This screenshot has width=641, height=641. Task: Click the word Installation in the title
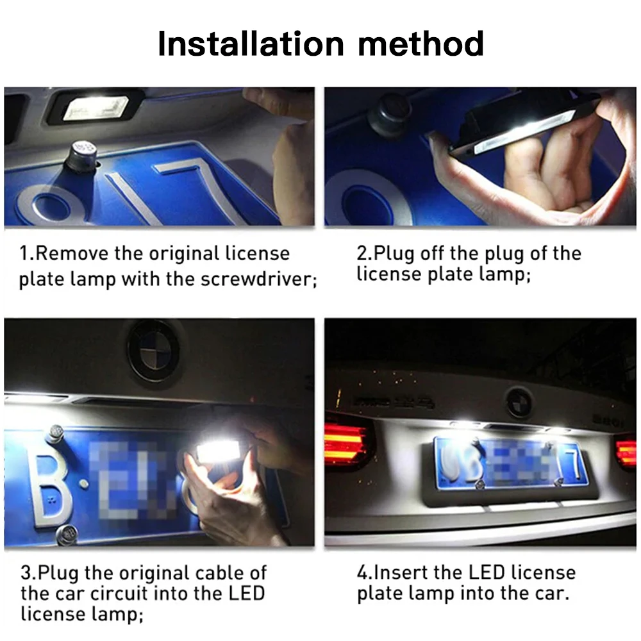coord(251,44)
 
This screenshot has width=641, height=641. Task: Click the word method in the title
coord(420,44)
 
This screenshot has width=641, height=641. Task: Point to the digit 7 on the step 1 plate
coord(186,192)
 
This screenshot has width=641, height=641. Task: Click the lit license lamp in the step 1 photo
coord(94,108)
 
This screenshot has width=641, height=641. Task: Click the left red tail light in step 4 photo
coord(346,442)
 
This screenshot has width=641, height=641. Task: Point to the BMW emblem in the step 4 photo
coord(518,403)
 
